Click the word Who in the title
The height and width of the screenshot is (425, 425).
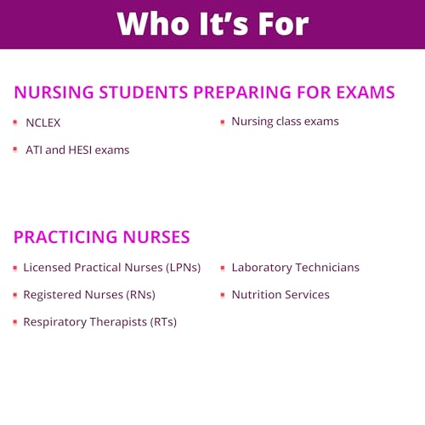coord(150,24)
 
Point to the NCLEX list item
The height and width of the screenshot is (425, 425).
coord(42,122)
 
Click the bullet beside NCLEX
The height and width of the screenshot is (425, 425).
coord(15,122)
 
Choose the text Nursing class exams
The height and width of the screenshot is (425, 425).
coord(285,122)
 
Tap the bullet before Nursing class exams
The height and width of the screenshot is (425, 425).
coord(222,122)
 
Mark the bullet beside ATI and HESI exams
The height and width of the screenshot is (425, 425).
coord(15,150)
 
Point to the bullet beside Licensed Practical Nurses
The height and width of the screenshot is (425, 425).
coord(15,268)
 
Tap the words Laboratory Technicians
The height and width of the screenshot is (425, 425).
coord(295,268)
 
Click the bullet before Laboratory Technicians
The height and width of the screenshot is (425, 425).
coord(222,268)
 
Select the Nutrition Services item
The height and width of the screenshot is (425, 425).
coord(280,295)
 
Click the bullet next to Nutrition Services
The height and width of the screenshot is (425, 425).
coord(222,295)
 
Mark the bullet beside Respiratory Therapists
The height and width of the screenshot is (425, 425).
coord(15,322)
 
